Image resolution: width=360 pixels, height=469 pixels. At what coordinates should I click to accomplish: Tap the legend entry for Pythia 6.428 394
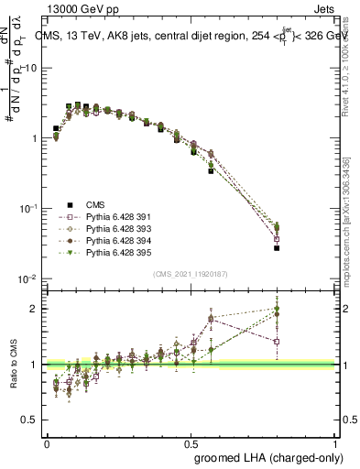tap(114, 240)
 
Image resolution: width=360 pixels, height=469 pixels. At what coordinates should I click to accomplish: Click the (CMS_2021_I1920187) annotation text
tap(190, 273)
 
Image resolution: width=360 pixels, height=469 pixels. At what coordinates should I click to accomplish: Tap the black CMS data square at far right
tap(276, 248)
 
